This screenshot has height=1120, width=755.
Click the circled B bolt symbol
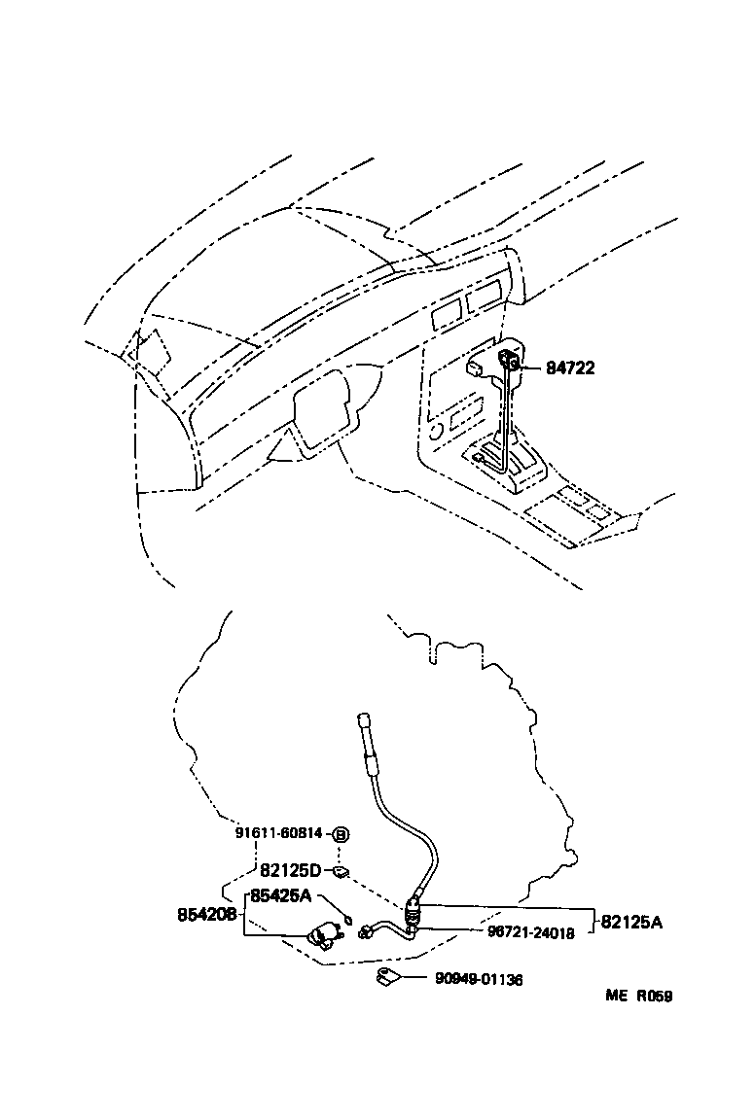[x=341, y=833]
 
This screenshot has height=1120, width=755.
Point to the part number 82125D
[x=290, y=870]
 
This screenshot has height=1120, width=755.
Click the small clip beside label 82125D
[x=341, y=868]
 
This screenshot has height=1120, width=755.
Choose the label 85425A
[x=280, y=895]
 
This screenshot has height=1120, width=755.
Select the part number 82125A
[x=630, y=923]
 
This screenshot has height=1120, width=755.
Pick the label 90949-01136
[x=479, y=980]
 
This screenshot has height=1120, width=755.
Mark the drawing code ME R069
[x=638, y=996]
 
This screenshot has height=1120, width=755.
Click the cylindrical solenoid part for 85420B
[x=323, y=937]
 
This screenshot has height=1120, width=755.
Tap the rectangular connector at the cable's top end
[x=365, y=720]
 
